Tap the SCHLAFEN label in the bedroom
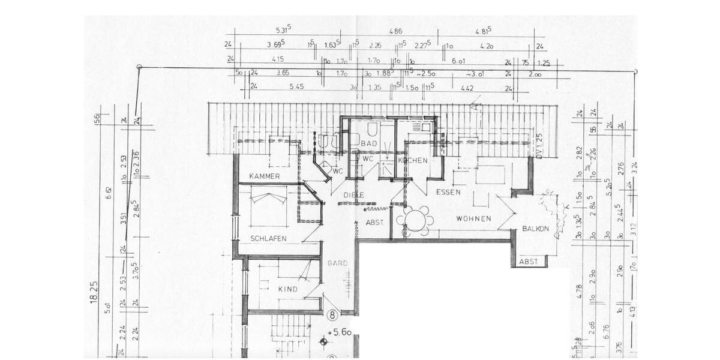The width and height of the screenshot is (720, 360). [x=269, y=238]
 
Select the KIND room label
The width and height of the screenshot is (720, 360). [x=288, y=289]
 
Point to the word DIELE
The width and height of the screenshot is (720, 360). [x=354, y=195]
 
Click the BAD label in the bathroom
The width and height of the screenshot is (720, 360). [x=369, y=144]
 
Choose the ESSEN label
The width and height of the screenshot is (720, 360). [x=448, y=193]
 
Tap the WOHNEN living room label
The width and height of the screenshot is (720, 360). [x=473, y=218]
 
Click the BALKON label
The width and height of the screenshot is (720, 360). [x=535, y=229]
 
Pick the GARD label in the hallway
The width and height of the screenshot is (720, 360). [x=337, y=263]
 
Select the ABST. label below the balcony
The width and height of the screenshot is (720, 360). [x=529, y=262]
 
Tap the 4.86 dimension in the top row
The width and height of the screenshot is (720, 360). [x=395, y=31]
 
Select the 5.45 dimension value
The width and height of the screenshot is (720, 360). [x=296, y=87]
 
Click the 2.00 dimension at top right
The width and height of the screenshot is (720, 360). [x=535, y=74]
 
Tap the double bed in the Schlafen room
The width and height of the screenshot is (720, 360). [x=269, y=204]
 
